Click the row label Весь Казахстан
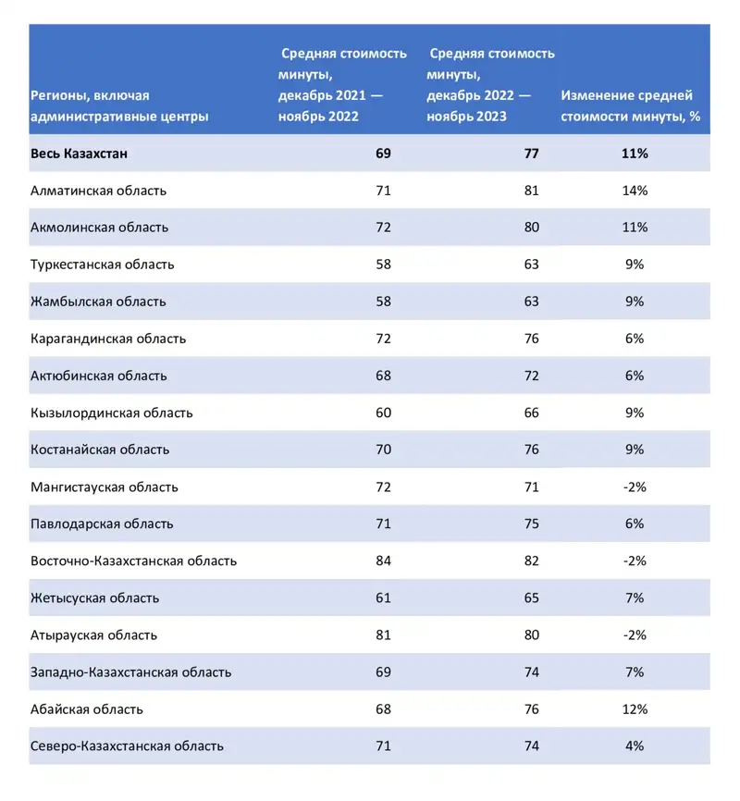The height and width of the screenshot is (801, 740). point(79,154)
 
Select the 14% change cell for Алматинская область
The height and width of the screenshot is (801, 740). point(635,191)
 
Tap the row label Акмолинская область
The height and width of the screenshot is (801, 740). point(99,228)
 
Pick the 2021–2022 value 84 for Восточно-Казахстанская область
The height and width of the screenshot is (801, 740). point(383,561)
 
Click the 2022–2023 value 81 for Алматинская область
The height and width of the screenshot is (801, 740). point(531,191)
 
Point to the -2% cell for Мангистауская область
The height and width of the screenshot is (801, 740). point(635,487)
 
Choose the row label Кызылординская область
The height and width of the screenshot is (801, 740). point(111,413)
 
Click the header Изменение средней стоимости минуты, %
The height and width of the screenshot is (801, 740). point(628,105)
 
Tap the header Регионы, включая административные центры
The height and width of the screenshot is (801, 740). point(119,105)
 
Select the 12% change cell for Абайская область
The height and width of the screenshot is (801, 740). point(635,709)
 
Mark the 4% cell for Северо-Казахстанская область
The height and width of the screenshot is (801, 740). point(635,746)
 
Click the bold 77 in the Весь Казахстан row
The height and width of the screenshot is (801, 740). point(531,154)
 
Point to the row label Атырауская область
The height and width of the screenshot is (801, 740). point(93,635)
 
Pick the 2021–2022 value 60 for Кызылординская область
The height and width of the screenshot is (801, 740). point(383,413)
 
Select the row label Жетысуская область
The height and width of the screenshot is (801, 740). point(94,598)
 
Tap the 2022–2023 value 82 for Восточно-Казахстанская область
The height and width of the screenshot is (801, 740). point(531,561)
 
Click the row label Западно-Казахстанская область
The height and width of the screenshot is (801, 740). point(130,672)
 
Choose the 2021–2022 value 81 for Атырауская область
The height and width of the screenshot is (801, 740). point(383,635)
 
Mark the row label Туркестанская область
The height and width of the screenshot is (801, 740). point(102,265)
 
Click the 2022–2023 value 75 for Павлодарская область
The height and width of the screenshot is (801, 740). point(531,524)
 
